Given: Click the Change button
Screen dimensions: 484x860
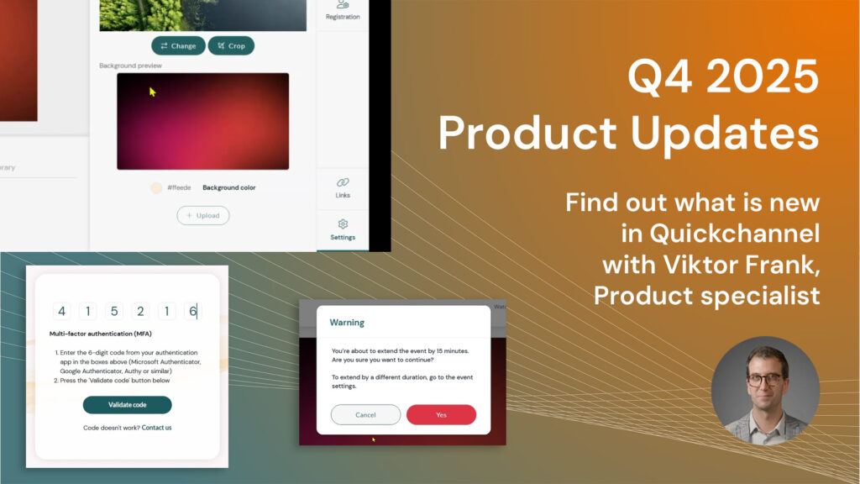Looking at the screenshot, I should (178, 45).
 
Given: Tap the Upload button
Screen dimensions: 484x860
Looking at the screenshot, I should (202, 216).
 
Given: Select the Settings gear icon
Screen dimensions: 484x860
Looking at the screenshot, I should (343, 224).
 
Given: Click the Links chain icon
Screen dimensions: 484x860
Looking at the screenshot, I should (343, 182).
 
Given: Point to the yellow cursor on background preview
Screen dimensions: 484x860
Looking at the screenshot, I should (152, 92).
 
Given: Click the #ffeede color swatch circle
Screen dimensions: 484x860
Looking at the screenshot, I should (156, 188).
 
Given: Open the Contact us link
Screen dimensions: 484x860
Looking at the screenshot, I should (156, 428).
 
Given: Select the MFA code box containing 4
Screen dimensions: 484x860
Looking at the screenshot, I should (61, 312).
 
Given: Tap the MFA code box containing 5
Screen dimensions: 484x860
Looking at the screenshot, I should (114, 312).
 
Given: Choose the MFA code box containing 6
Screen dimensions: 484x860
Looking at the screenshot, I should (192, 312).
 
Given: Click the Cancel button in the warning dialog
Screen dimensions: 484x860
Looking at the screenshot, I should (365, 414).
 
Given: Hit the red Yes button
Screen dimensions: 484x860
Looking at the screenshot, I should (441, 414).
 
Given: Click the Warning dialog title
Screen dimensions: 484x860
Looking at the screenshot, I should (347, 322).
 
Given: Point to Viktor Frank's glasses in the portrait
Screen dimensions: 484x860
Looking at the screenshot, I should (765, 379).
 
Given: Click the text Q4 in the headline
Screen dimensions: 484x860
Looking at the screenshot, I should (658, 81).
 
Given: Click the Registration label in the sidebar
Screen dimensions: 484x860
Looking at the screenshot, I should (343, 17).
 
